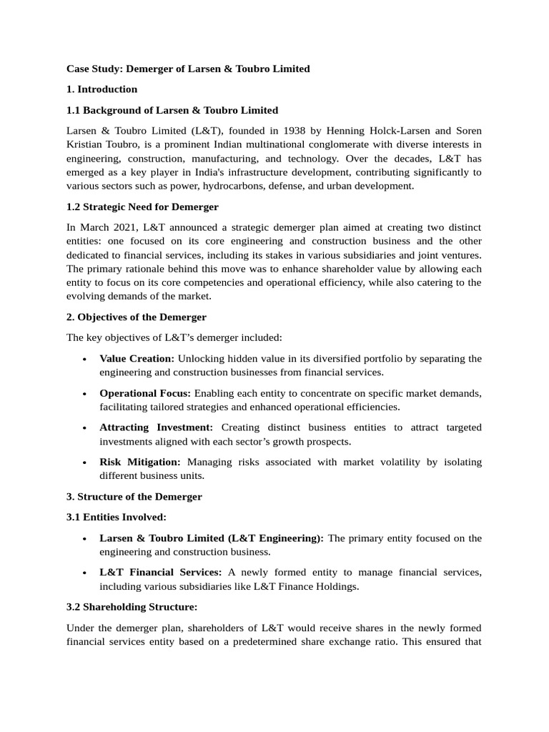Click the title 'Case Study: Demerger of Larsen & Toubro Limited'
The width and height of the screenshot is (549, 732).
pos(188,69)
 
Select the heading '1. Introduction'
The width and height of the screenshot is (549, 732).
pos(102,89)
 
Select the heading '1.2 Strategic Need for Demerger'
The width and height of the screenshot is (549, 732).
pos(142,207)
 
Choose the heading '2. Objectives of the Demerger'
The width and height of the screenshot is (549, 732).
pos(137,317)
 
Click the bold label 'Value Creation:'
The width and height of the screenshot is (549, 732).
pos(137,358)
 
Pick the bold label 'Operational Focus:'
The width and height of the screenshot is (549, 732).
pos(145,393)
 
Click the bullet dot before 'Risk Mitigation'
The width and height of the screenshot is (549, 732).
pos(85,463)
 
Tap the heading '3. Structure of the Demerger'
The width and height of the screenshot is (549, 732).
pos(134,496)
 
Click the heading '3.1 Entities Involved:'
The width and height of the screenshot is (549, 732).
pos(116,517)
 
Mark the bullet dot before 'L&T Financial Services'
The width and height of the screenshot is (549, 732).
pos(85,573)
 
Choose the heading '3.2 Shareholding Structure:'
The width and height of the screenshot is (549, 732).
pos(132,607)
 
